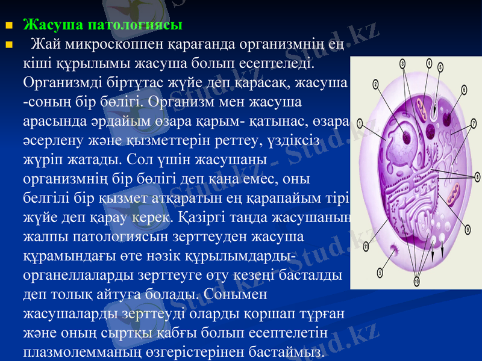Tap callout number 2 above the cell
pyautogui.click(x=375, y=84)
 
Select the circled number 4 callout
pyautogui.click(x=429, y=62)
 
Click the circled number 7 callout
pyautogui.click(x=473, y=123)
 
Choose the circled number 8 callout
pyautogui.click(x=477, y=176)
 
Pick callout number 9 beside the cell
pyautogui.click(x=468, y=229)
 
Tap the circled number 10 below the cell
pyautogui.click(x=416, y=280)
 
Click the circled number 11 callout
pyautogui.click(x=366, y=245)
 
